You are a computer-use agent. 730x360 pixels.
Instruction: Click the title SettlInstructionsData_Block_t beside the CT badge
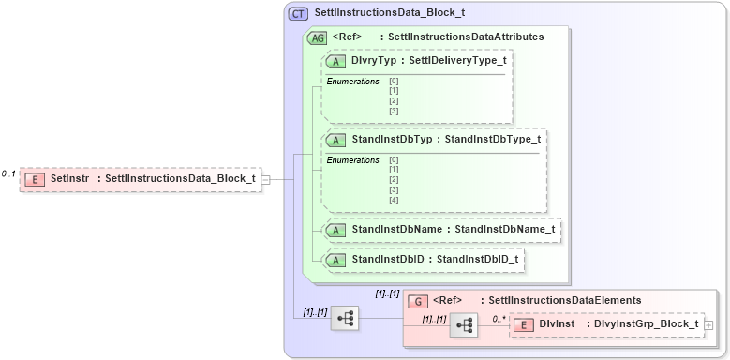click(390, 13)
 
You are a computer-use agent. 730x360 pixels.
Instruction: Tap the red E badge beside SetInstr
click(35, 178)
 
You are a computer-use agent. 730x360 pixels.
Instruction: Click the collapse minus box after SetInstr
click(266, 179)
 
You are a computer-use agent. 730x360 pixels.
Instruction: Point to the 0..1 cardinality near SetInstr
click(8, 173)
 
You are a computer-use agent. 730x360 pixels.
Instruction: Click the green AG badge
click(318, 37)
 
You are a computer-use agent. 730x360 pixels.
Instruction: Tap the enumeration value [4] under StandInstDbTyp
click(394, 200)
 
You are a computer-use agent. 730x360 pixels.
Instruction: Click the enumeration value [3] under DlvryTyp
click(394, 111)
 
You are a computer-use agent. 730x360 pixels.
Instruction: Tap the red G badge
click(419, 300)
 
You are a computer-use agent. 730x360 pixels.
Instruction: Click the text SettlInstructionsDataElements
click(559, 300)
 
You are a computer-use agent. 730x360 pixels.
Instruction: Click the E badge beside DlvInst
click(525, 324)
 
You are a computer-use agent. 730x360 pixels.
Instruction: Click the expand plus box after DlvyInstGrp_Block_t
click(709, 325)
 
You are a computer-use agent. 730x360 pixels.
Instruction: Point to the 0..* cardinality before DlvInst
click(499, 319)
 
